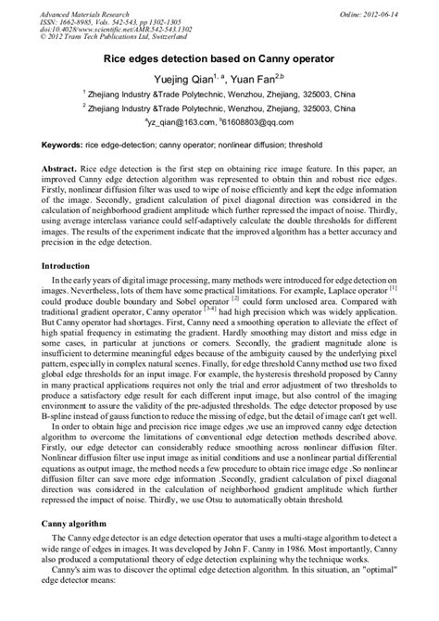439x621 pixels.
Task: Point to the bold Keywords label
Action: tap(62, 146)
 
